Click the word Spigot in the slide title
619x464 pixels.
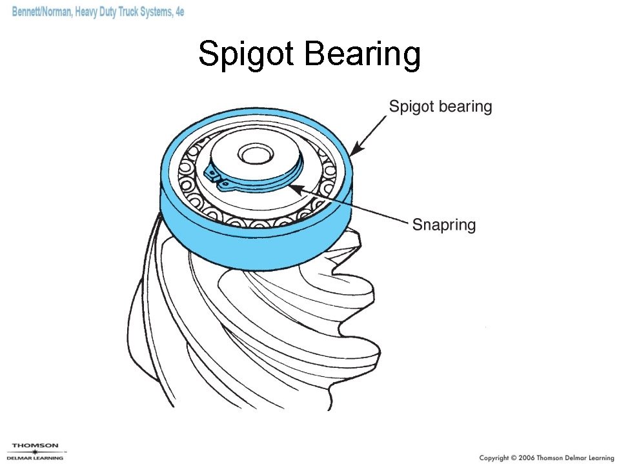pos(247,54)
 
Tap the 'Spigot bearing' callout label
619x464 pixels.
pos(440,106)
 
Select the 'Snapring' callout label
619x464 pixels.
pos(443,225)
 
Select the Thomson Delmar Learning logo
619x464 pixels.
pos(36,451)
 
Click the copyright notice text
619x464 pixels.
pos(545,458)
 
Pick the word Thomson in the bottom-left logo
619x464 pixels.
pos(36,445)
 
